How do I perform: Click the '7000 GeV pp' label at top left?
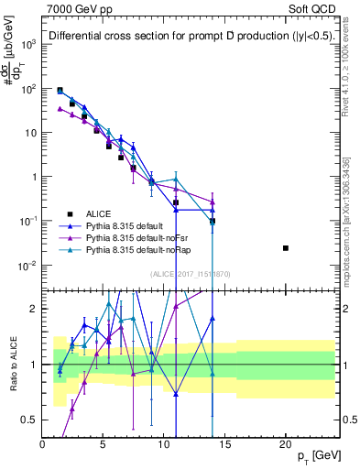[x=79, y=7]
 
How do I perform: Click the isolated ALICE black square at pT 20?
[x=286, y=248]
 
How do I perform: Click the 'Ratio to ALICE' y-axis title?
[x=12, y=363]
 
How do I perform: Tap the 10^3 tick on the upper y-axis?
[x=29, y=44]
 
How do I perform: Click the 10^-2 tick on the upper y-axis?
[x=29, y=266]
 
